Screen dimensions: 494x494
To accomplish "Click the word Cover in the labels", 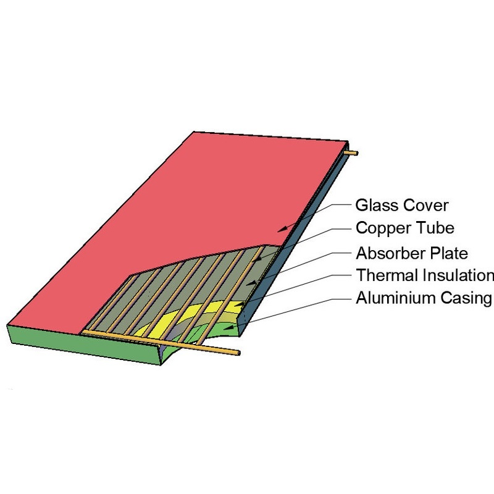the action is (x=425, y=206).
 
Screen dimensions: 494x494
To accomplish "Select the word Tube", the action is (x=435, y=228).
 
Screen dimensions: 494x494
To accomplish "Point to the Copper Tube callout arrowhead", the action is (x=257, y=259).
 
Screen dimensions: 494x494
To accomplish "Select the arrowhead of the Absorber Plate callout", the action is (x=251, y=283).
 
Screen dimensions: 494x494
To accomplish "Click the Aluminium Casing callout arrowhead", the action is (x=229, y=327).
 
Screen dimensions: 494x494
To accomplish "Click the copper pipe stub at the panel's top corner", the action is (x=351, y=153).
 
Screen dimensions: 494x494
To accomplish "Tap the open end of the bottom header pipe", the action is (x=239, y=353).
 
